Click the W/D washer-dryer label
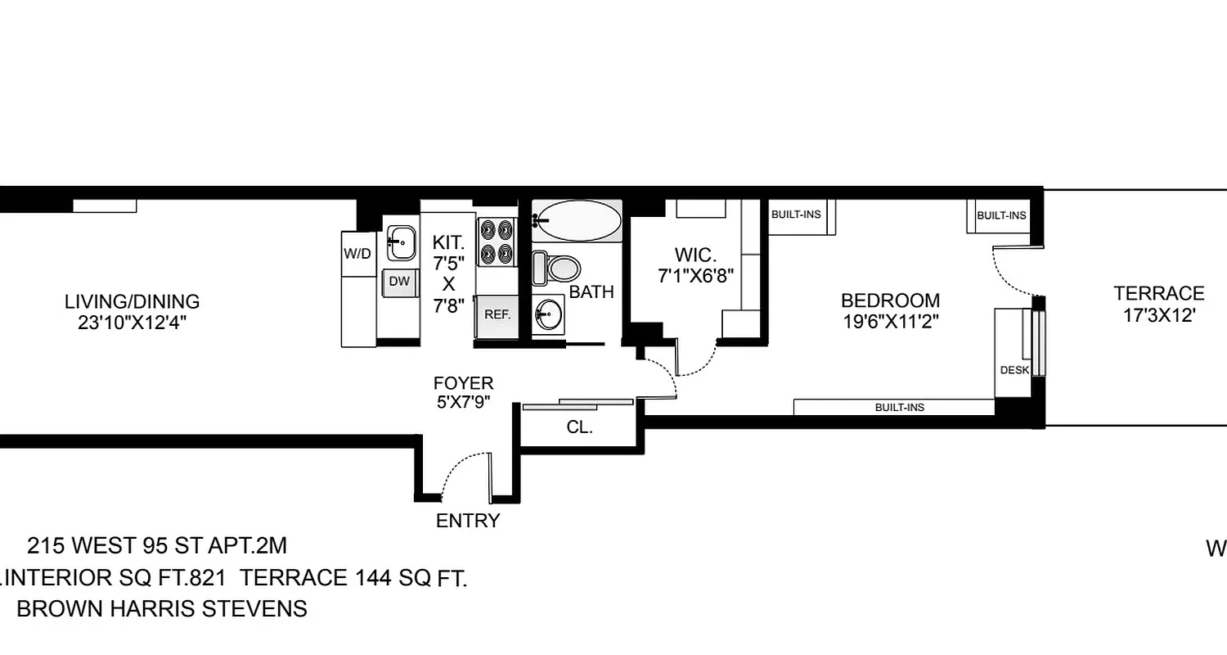pyautogui.click(x=357, y=254)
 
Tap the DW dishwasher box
pyautogui.click(x=398, y=282)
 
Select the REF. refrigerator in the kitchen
pyautogui.click(x=497, y=314)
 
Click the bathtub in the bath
pyautogui.click(x=578, y=219)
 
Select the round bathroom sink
pyautogui.click(x=549, y=313)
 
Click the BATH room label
pyautogui.click(x=591, y=292)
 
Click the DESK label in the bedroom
pyautogui.click(x=1014, y=370)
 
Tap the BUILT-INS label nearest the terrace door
pyautogui.click(x=1001, y=215)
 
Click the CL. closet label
pyautogui.click(x=579, y=427)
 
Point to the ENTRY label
pyautogui.click(x=467, y=521)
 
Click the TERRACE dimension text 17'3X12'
pyautogui.click(x=1159, y=315)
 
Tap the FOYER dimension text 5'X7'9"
pyautogui.click(x=463, y=402)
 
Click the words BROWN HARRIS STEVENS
pyautogui.click(x=162, y=609)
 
